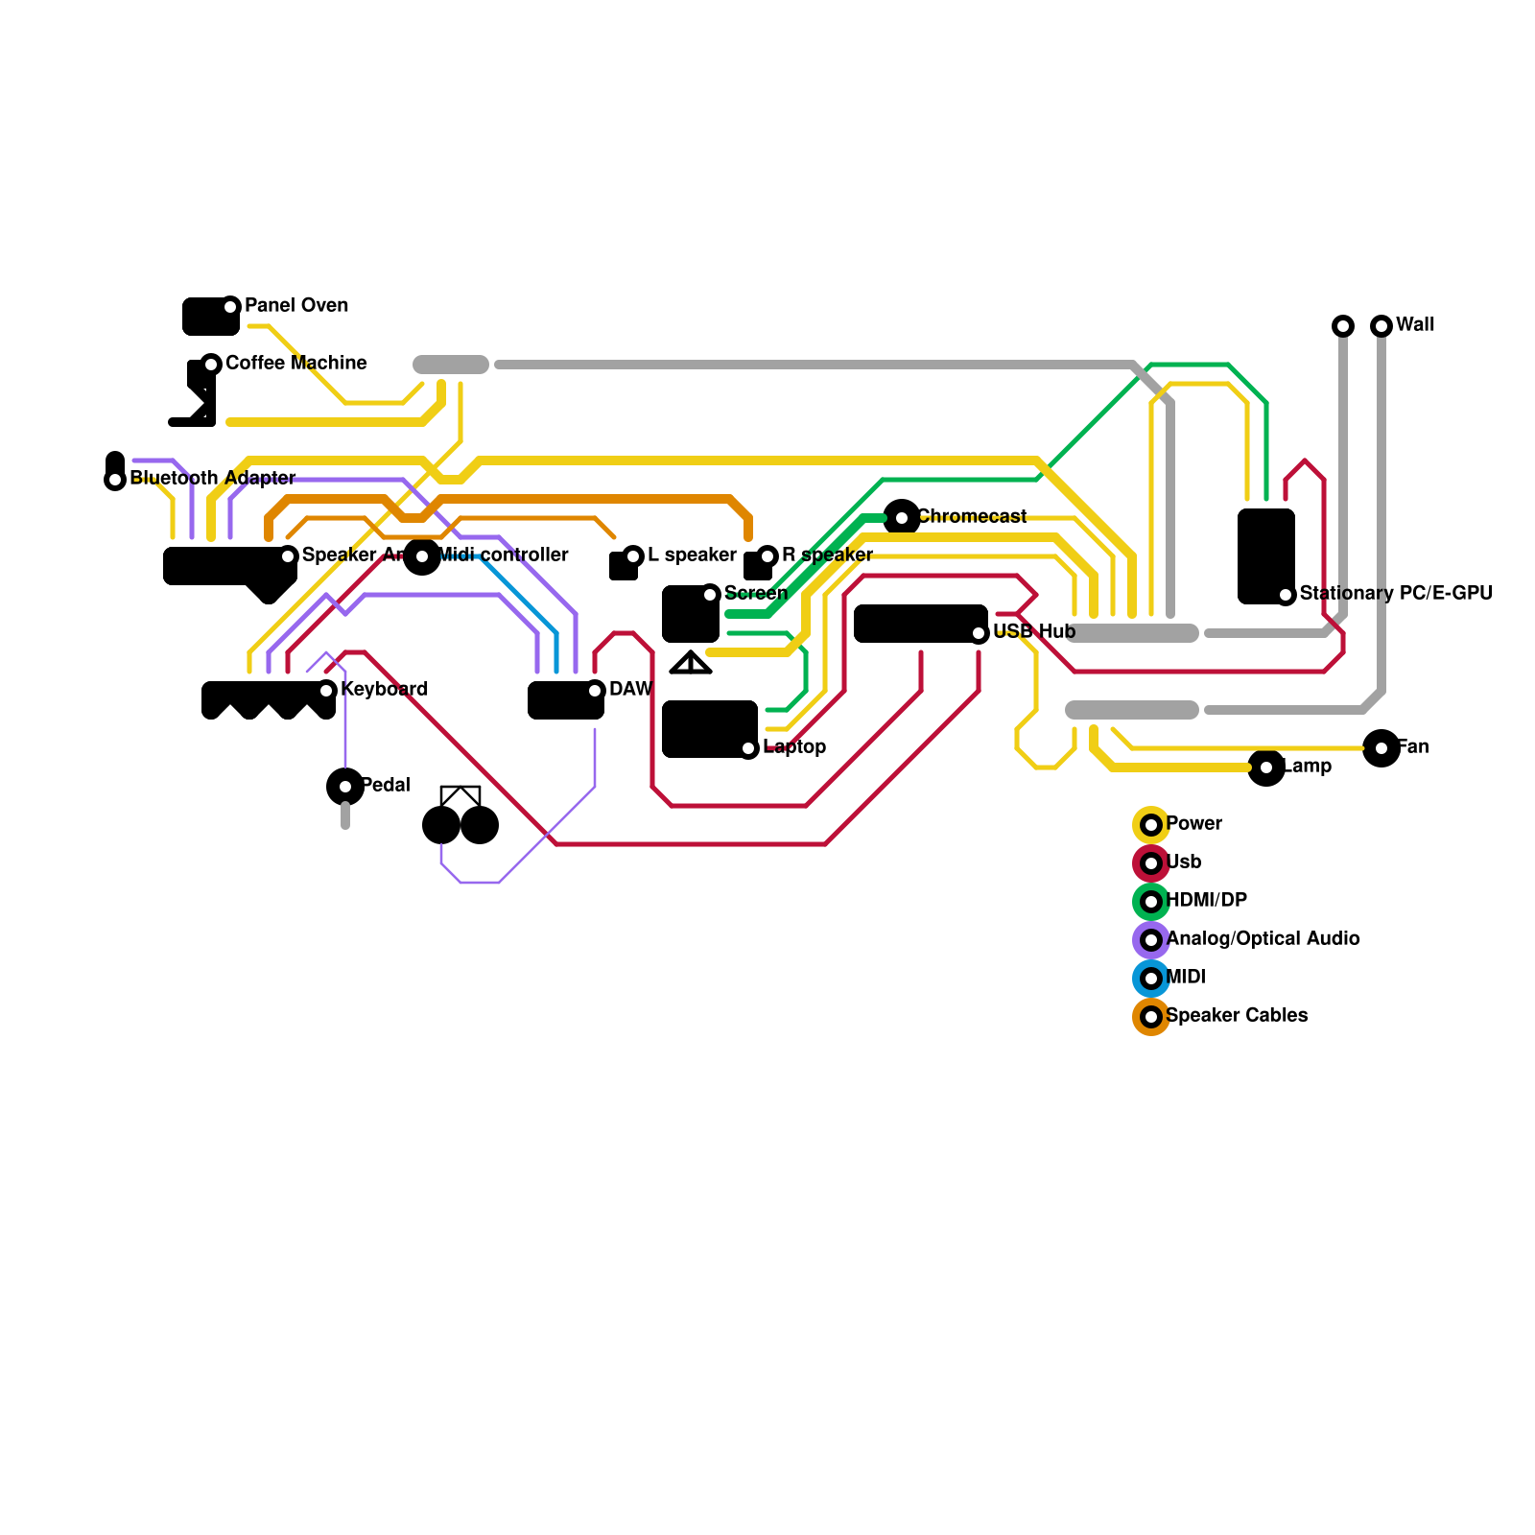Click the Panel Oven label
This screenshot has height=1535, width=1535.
click(295, 306)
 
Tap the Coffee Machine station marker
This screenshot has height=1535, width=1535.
click(211, 365)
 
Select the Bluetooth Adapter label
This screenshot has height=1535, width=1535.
click(212, 479)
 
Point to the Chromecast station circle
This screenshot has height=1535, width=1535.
click(902, 518)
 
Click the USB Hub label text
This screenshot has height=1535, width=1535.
click(1033, 632)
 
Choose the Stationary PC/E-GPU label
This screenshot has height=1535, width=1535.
click(1395, 594)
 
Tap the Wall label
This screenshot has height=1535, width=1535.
click(1414, 325)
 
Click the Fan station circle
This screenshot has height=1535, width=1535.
click(1381, 748)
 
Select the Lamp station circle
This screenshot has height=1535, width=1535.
click(1266, 767)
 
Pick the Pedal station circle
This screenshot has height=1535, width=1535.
click(345, 787)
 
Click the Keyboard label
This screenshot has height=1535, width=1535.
click(384, 690)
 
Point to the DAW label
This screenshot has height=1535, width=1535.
click(630, 690)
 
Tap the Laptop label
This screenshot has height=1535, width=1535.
click(793, 747)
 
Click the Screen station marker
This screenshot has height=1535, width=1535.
click(710, 595)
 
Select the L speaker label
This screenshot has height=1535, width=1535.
click(691, 555)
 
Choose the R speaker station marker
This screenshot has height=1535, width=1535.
click(767, 556)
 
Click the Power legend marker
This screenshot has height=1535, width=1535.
click(1151, 825)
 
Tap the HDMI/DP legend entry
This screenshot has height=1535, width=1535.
click(1205, 901)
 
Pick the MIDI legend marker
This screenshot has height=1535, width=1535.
click(1151, 979)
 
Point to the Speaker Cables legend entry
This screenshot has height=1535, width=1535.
click(1236, 1016)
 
